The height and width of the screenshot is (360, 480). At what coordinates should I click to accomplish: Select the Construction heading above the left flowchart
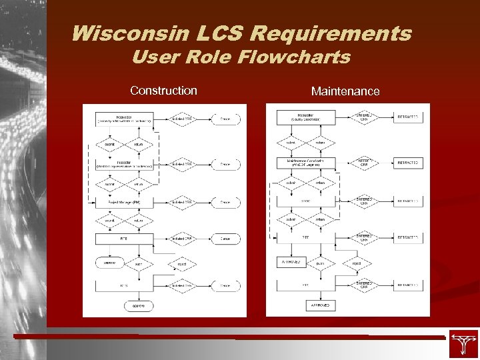[x=163, y=90]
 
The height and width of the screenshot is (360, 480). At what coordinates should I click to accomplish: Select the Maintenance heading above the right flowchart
[x=345, y=91]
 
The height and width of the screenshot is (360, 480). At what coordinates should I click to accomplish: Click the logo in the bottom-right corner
[x=463, y=344]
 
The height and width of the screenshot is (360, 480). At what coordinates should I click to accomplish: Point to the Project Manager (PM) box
[x=124, y=202]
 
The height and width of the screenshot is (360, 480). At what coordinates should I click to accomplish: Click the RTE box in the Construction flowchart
[x=124, y=237]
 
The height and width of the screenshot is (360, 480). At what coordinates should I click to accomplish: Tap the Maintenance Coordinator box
[x=305, y=163]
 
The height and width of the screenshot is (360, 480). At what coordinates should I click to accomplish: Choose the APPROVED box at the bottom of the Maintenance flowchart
[x=305, y=306]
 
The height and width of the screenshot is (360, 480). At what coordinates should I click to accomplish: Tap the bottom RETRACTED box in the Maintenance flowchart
[x=408, y=285]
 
